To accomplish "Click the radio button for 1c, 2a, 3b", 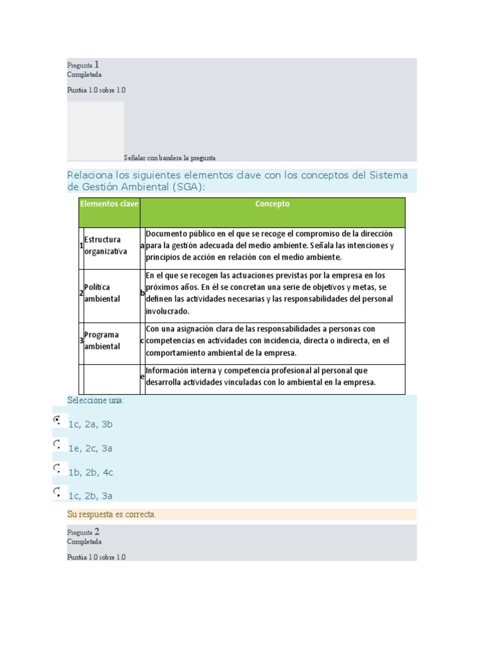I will (x=57, y=420).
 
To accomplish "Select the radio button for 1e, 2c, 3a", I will (x=57, y=444).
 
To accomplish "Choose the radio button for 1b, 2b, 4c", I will (x=57, y=468).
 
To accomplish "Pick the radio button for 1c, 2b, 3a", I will (x=57, y=491).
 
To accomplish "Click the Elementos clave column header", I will (x=109, y=204).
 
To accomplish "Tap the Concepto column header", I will (x=272, y=204).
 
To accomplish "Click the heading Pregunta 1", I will (x=83, y=65).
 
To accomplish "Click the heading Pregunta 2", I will (x=83, y=532).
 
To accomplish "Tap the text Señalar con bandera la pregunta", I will (x=170, y=157).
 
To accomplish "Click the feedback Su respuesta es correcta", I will (x=112, y=515).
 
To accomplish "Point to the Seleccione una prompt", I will (x=96, y=401).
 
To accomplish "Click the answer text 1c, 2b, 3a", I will (x=91, y=496).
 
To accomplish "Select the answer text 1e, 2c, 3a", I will (x=91, y=448).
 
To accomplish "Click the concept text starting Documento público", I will (x=270, y=246).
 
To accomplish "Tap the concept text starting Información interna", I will (x=260, y=376).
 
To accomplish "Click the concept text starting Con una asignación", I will (x=267, y=341).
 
